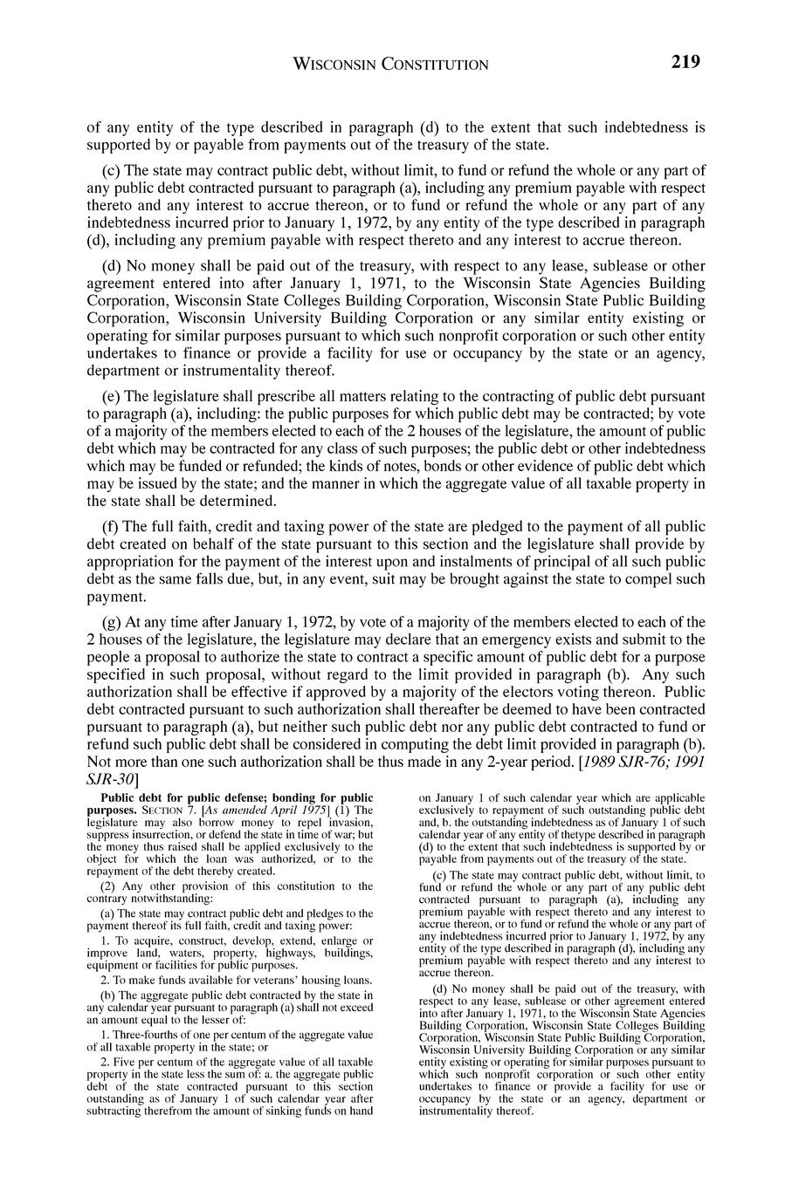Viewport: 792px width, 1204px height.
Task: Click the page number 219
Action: (x=685, y=62)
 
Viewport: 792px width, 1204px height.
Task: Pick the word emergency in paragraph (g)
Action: (x=476, y=640)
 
